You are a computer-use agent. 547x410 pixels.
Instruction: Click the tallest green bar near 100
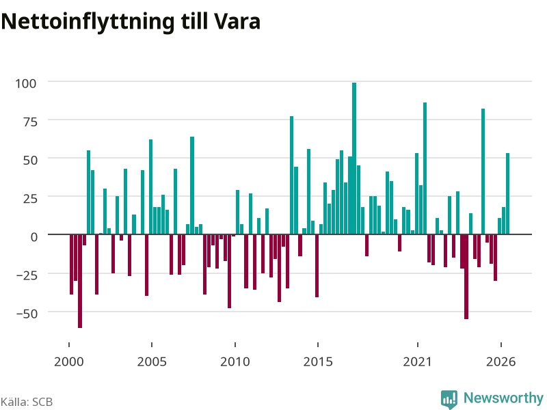click(x=354, y=159)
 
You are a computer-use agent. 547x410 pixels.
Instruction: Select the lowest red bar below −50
click(x=80, y=281)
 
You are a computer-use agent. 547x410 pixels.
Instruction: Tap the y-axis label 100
click(x=26, y=83)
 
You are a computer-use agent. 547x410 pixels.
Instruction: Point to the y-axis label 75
click(x=29, y=122)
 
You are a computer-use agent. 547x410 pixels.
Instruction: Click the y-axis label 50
click(x=29, y=161)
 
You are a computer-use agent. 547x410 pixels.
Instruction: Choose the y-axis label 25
click(x=29, y=199)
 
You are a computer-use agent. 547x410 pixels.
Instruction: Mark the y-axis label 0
click(x=34, y=237)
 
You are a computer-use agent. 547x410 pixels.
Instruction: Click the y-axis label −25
click(x=27, y=275)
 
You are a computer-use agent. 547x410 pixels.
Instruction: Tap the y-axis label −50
click(x=27, y=314)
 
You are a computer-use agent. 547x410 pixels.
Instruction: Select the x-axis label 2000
click(x=69, y=361)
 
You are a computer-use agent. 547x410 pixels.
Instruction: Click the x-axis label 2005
click(x=152, y=361)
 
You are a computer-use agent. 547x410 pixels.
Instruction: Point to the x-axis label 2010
click(x=235, y=361)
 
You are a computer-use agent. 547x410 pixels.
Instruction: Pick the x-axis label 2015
click(x=318, y=361)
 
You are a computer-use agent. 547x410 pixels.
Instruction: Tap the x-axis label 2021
click(x=417, y=361)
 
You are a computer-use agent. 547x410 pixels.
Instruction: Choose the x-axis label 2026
click(x=501, y=361)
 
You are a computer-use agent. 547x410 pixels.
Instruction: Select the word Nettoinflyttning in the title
click(x=88, y=23)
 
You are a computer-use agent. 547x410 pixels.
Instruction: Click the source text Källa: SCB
click(x=27, y=402)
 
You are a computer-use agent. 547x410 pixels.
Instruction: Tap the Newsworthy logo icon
click(x=449, y=399)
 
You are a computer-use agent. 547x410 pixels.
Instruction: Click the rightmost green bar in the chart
click(x=507, y=193)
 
